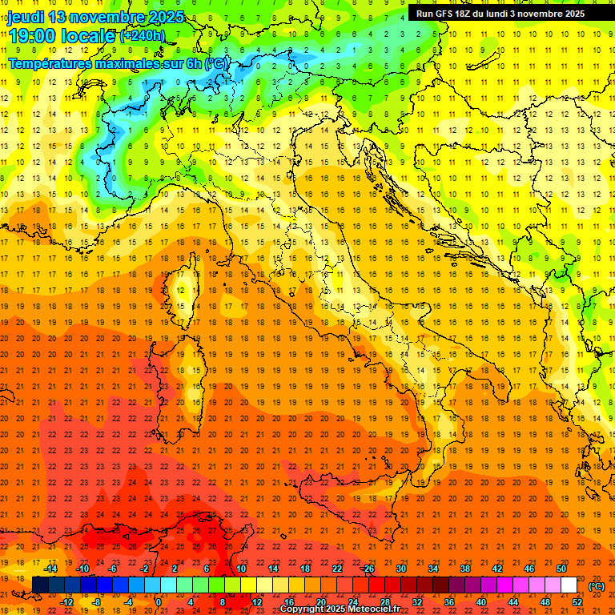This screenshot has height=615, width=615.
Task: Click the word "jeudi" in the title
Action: (x=26, y=17)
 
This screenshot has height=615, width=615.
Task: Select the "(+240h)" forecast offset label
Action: (x=142, y=35)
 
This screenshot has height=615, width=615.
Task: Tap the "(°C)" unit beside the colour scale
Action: (x=597, y=586)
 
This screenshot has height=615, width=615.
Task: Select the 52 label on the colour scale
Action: (x=577, y=602)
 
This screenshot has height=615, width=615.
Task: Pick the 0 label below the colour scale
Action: (x=159, y=602)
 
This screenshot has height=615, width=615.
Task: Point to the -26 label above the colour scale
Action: (x=368, y=569)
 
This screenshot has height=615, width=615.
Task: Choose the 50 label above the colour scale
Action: (x=561, y=569)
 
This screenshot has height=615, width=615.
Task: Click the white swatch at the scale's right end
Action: (x=569, y=585)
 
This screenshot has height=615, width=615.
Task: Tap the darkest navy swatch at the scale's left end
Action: (x=40, y=585)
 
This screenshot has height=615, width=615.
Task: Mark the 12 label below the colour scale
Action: (x=256, y=602)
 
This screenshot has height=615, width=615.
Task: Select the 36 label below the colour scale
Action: (x=448, y=602)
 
